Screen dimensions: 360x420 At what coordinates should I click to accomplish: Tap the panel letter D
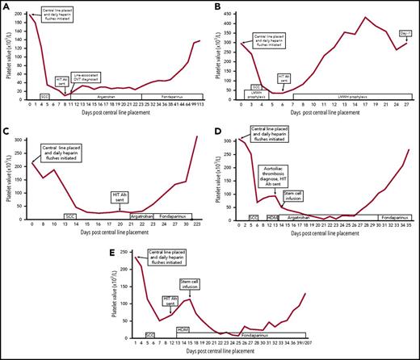(218, 126)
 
